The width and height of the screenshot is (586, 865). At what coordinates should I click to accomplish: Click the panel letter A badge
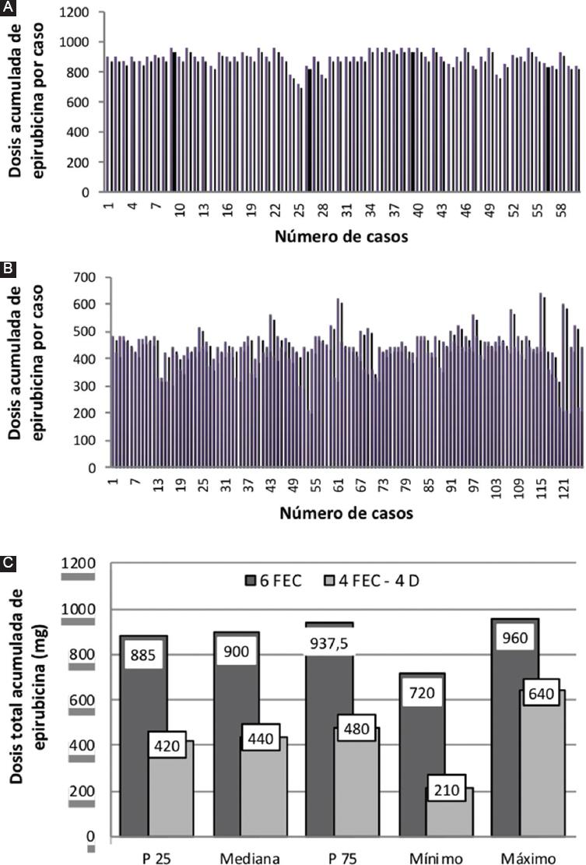(x=7, y=7)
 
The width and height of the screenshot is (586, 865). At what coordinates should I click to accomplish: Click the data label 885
(x=144, y=655)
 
